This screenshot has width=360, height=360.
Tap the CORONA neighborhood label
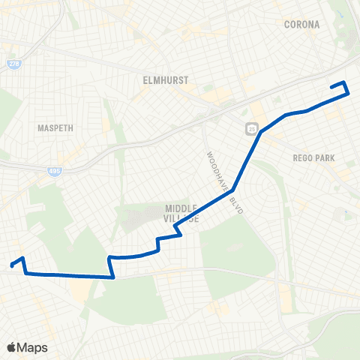301,25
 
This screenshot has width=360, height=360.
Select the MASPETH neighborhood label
55,128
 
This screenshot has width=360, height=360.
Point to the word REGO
306,158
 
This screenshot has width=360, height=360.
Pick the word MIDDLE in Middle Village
181,208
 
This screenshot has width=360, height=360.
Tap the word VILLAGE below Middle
182,218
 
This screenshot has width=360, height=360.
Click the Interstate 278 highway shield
13,64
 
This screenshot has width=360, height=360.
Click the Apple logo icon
12,347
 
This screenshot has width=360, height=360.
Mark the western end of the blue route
11,264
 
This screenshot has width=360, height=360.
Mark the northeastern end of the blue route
332,87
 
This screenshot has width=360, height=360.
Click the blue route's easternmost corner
348,93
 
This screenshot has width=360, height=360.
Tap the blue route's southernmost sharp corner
113,277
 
